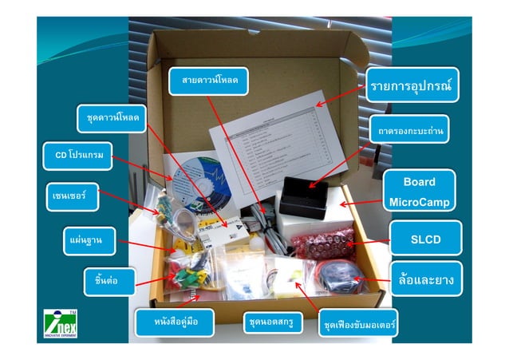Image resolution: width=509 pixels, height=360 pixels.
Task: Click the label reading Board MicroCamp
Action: point(419,192)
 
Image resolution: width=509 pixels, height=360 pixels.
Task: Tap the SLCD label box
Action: point(425,238)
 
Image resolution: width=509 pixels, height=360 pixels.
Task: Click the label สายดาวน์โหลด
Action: point(209,81)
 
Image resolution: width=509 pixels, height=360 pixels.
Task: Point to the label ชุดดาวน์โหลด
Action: point(112,118)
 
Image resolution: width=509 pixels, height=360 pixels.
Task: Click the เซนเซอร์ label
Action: point(70,195)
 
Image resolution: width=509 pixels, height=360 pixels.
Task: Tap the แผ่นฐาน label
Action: point(82,237)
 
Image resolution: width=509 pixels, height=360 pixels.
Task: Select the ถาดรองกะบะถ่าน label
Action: point(412,129)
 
